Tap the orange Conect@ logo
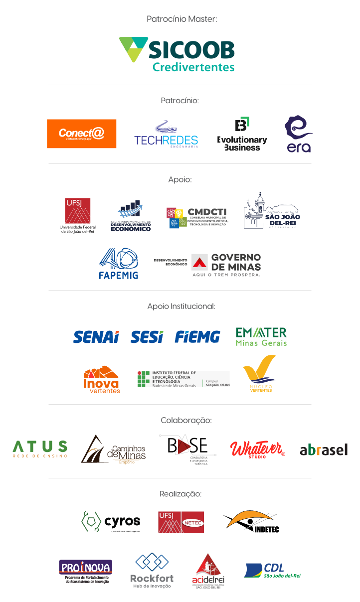[82, 134]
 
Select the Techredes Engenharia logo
[166, 134]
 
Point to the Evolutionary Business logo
[242, 134]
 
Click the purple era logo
[298, 135]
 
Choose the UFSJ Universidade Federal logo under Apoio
[78, 216]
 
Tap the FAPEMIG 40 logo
[119, 263]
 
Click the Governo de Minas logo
[225, 264]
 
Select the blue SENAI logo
[96, 337]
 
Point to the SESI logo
[147, 337]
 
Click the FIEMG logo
[197, 337]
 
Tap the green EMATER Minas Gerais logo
[261, 336]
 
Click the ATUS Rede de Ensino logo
[40, 449]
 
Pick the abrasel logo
[324, 450]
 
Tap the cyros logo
[110, 521]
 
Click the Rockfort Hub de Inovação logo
[152, 570]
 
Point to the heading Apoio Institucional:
[181, 306]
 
